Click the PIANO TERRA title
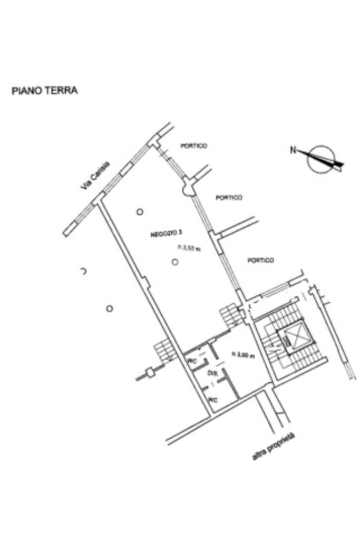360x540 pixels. tap(45, 91)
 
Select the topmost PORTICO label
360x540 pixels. tap(193, 146)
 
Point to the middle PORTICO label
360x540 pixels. tap(229, 198)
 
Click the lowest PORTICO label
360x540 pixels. tap(260, 260)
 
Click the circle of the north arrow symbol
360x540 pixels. tap(322, 159)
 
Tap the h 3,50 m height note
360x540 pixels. tap(189, 249)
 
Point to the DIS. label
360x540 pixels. tap(212, 373)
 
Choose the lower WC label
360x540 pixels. tap(212, 400)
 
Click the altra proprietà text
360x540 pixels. tap(273, 447)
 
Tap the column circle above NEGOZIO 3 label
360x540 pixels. tap(140, 212)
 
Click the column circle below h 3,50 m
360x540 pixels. tap(175, 262)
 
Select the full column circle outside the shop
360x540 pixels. tap(109, 308)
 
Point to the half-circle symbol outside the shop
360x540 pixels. tap(83, 272)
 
